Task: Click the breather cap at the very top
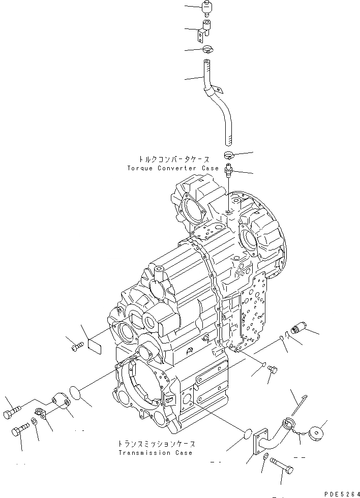coord(206,9)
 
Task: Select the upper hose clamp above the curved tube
coord(208,49)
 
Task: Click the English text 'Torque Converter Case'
coord(173,168)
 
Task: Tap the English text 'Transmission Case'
coord(155,453)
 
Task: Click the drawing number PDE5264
coord(341,493)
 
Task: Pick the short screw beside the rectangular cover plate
coord(76,347)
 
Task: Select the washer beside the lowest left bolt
coord(33,421)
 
